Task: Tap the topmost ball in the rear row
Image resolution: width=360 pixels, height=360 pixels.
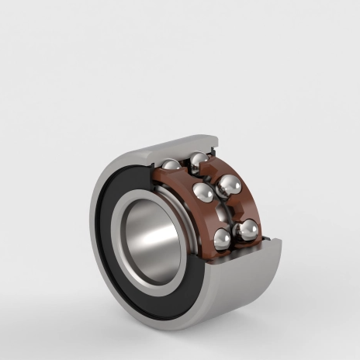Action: [199, 160]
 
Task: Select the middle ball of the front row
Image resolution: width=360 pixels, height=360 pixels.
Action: [203, 192]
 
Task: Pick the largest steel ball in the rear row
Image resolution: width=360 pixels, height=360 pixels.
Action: [229, 185]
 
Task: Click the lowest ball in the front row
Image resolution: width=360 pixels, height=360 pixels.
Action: [223, 239]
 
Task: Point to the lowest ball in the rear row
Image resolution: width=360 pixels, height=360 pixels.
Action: [248, 228]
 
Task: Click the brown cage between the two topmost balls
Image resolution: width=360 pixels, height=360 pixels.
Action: [185, 164]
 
